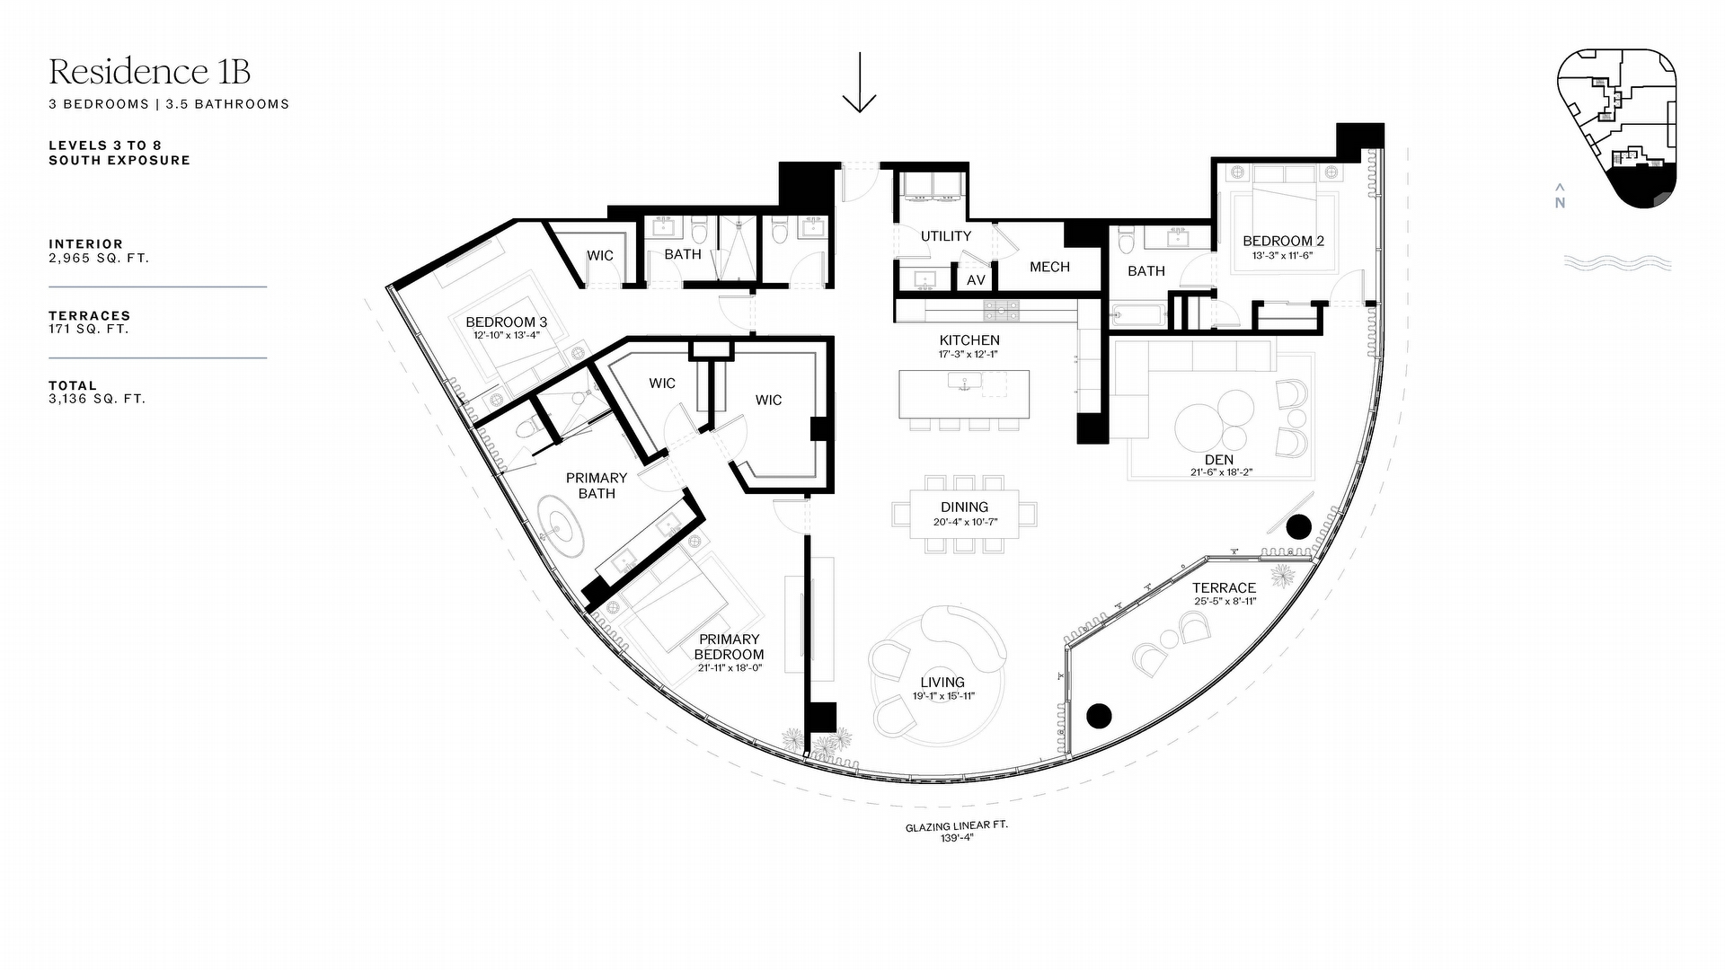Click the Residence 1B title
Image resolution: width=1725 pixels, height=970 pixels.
150,71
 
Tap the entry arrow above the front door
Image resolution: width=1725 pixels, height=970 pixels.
860,82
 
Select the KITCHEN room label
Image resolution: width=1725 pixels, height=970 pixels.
969,340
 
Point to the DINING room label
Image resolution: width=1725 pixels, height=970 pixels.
965,507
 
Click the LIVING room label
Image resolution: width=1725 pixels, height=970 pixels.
942,683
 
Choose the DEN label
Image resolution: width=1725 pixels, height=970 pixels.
1219,460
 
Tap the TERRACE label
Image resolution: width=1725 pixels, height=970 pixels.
1224,588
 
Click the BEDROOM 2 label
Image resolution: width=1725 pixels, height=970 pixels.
1283,241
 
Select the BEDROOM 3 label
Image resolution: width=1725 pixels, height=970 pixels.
506,322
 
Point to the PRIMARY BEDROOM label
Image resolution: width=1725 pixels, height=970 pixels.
730,647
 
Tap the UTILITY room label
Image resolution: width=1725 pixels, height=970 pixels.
946,236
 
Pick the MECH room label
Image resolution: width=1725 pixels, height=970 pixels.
1049,267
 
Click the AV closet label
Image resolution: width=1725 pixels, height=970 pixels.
977,280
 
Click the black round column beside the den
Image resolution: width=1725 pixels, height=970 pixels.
1297,527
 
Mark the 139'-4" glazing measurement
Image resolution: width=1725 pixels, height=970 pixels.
956,838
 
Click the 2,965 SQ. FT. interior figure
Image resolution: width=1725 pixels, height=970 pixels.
99,258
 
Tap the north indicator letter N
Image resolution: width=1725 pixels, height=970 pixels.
1560,203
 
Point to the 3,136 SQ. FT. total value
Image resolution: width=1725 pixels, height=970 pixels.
97,399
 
